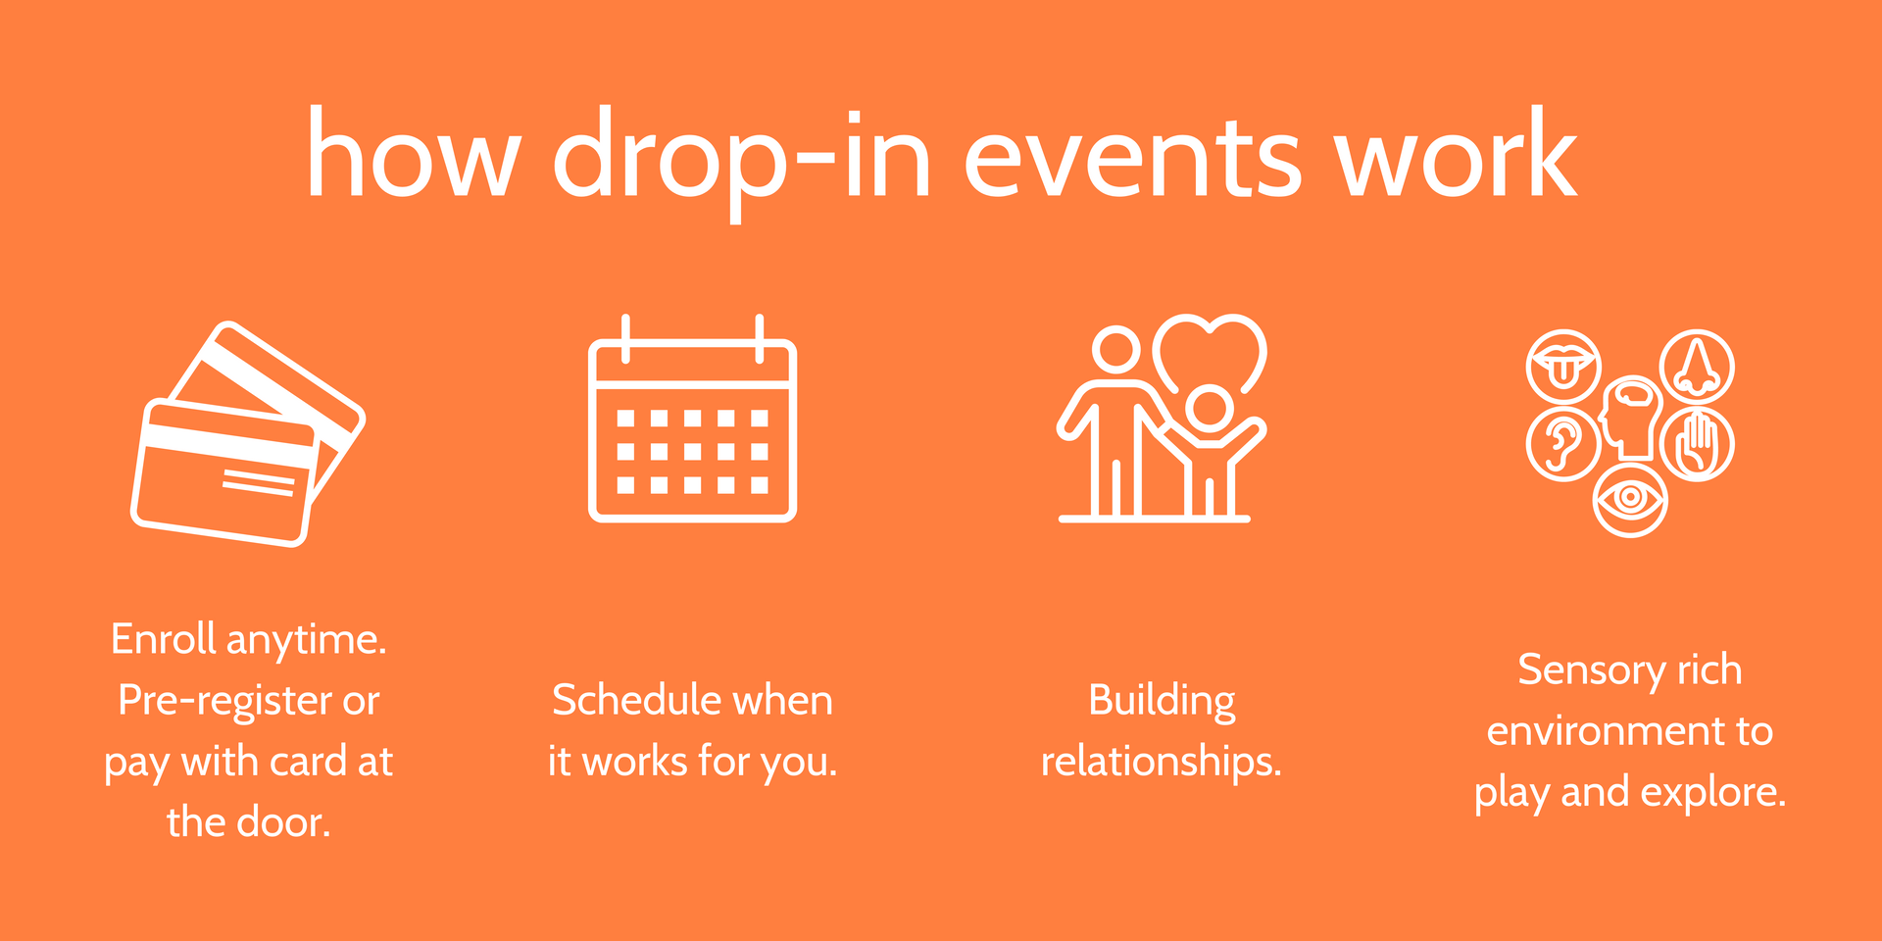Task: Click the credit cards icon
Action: (x=248, y=433)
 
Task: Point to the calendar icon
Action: (x=692, y=419)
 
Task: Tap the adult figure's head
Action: (x=1116, y=348)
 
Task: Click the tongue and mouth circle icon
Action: (x=1563, y=367)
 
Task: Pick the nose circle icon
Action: (x=1697, y=367)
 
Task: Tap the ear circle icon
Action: (x=1563, y=444)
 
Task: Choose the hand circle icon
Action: (x=1697, y=444)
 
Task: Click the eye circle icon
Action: (x=1630, y=500)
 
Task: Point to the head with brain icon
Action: (x=1630, y=418)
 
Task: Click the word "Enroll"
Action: (x=164, y=639)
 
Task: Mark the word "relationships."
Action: (x=1162, y=762)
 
